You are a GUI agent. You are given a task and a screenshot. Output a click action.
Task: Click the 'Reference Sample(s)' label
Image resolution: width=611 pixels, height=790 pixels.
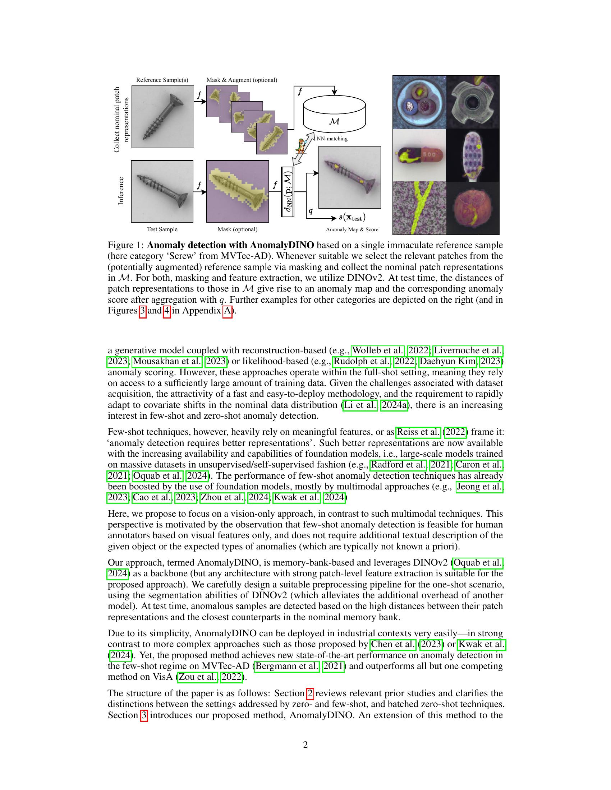162,80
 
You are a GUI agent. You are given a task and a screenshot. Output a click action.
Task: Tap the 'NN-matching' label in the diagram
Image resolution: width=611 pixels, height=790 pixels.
332,139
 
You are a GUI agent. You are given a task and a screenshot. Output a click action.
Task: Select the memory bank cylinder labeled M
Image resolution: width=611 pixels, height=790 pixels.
334,113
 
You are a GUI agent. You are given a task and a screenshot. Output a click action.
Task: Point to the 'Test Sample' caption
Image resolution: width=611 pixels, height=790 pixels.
162,229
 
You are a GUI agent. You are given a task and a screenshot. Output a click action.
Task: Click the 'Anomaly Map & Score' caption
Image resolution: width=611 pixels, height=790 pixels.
352,229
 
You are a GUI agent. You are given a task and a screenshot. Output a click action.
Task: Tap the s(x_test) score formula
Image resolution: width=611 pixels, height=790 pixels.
352,217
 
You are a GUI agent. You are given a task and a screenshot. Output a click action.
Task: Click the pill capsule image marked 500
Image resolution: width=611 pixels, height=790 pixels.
419,155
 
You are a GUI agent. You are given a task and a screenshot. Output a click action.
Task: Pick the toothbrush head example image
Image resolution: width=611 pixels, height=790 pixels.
473,155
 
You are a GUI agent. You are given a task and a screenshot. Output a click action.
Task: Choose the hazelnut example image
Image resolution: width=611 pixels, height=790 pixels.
473,208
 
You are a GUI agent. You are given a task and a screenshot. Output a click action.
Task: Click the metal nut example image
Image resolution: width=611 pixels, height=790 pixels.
473,102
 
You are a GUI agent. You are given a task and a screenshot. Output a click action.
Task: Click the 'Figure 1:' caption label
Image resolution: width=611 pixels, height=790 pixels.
126,245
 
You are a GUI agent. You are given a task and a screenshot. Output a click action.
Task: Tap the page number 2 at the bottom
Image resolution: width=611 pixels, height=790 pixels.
305,745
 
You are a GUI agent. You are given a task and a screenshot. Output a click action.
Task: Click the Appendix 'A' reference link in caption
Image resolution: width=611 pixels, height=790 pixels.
227,311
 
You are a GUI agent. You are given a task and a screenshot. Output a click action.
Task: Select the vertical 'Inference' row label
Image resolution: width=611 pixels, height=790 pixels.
121,191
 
